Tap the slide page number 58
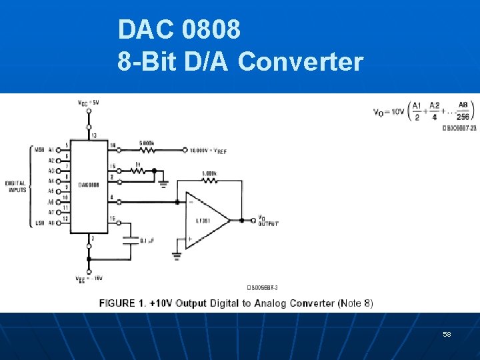click(x=447, y=333)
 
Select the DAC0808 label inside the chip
click(x=88, y=185)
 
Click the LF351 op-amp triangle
click(x=203, y=220)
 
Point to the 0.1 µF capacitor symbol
click(x=131, y=240)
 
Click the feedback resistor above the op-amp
click(x=209, y=179)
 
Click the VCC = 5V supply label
click(x=88, y=102)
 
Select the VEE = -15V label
click(x=88, y=279)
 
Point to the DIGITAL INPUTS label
click(x=16, y=186)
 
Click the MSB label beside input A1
click(x=39, y=150)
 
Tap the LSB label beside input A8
click(x=39, y=223)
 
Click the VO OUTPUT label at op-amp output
click(x=268, y=221)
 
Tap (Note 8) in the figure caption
click(x=355, y=303)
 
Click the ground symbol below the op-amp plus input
click(x=177, y=254)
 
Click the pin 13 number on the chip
click(x=93, y=135)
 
